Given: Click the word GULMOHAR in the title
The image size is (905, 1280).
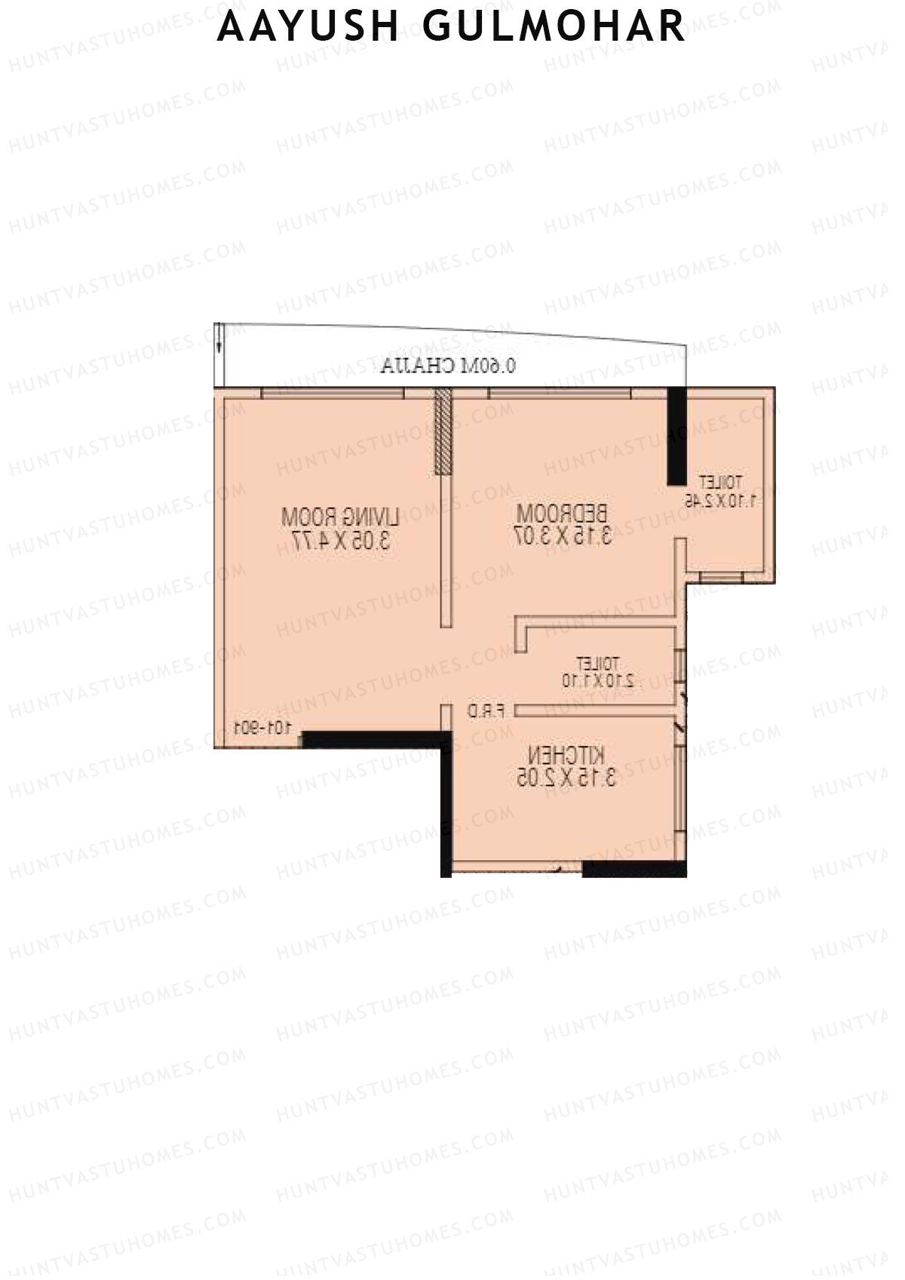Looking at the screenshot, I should (554, 27).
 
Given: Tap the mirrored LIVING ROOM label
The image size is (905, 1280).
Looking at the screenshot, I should (339, 517).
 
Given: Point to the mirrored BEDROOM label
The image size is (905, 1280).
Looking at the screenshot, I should (562, 514).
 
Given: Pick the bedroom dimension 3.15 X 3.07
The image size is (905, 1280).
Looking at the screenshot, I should (563, 536).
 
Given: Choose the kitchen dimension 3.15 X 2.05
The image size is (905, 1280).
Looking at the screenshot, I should (566, 778).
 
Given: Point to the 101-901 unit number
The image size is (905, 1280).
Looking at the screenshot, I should (262, 728).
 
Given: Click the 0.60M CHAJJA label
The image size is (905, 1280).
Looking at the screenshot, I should (449, 367).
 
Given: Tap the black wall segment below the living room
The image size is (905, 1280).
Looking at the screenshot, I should (370, 739).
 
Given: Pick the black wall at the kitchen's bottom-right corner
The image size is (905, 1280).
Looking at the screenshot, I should (634, 869).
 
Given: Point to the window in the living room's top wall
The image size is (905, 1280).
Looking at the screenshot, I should (332, 392).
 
